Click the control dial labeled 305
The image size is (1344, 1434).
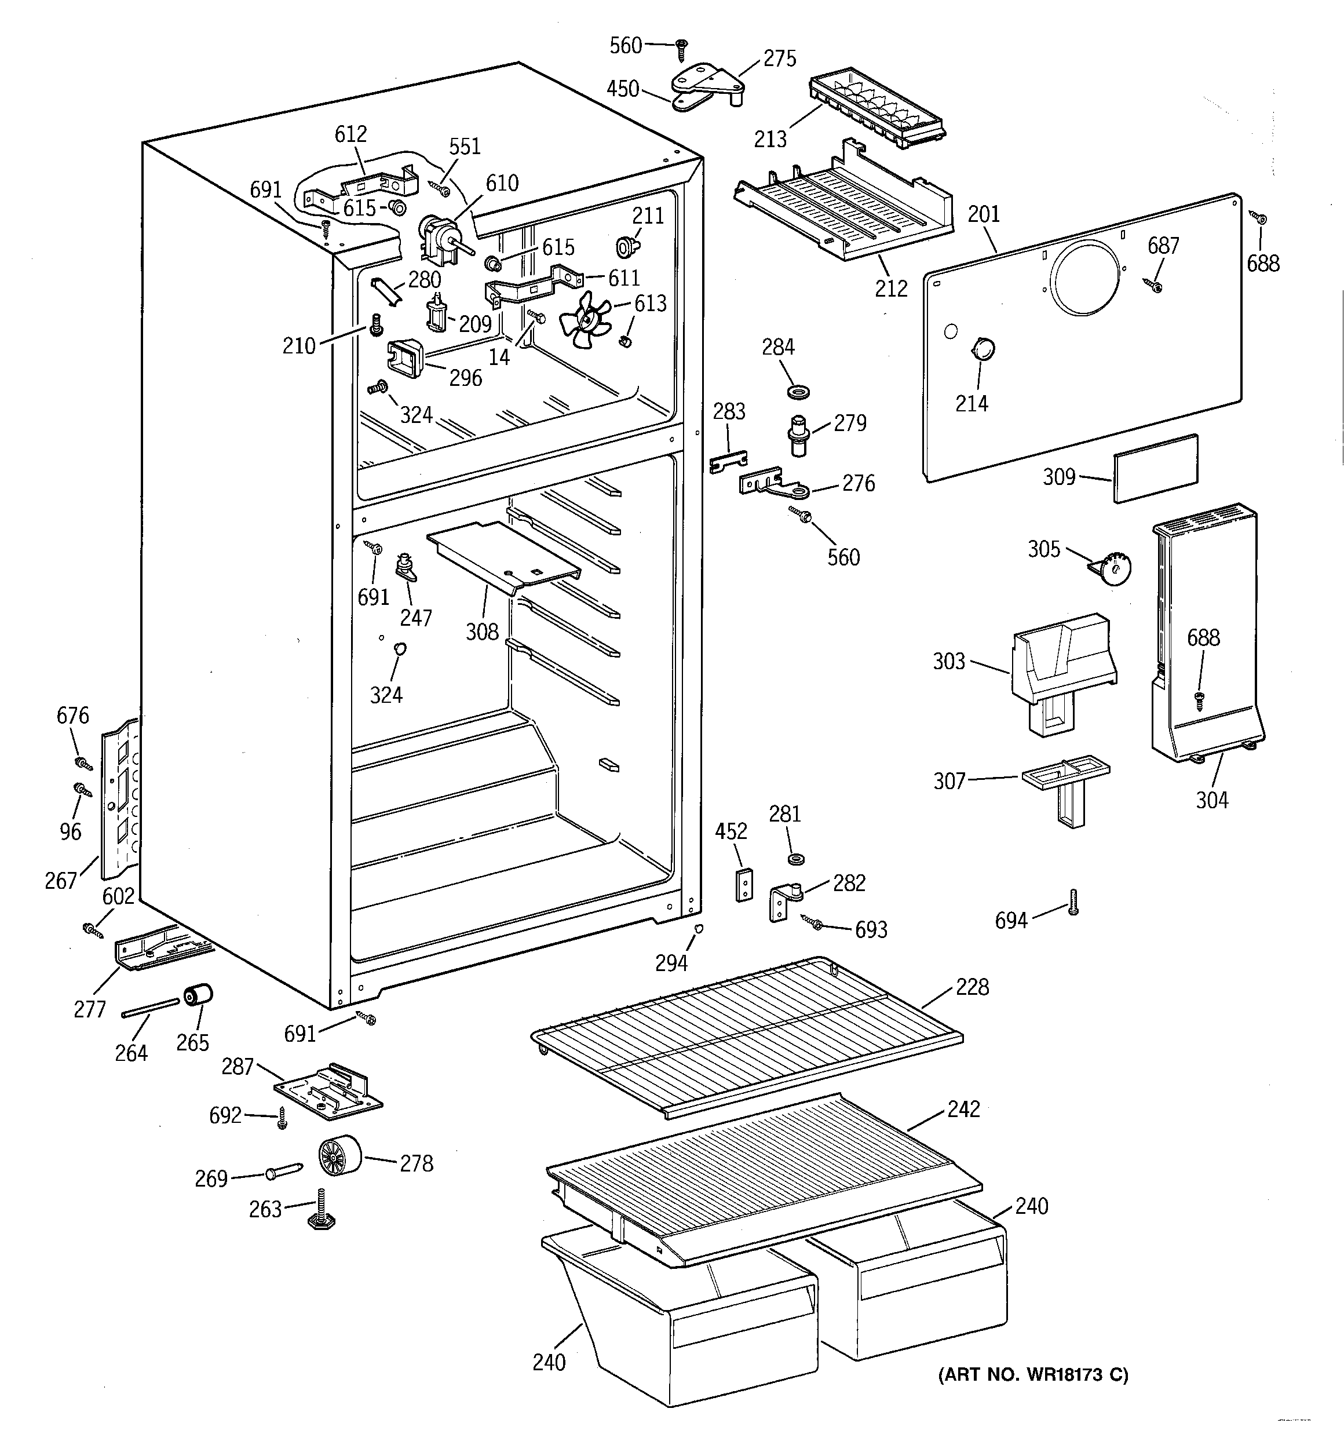click(1114, 570)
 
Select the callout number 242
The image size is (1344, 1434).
click(964, 1109)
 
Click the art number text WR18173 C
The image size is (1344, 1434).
click(1033, 1375)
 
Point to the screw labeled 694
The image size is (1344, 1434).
click(1073, 902)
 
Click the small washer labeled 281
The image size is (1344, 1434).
click(797, 859)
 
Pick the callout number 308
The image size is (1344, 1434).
click(482, 632)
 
